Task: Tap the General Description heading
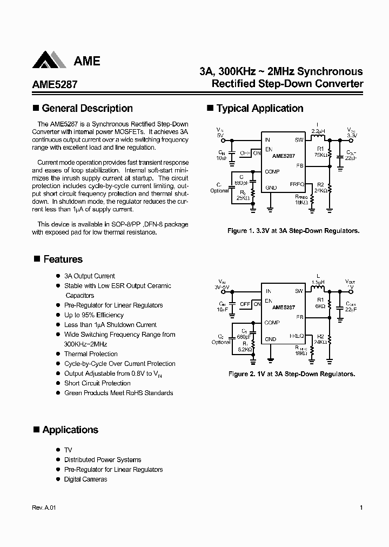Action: pos(87,108)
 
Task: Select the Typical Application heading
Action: pos(260,108)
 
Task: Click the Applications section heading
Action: pos(70,430)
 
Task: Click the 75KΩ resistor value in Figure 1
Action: pos(320,155)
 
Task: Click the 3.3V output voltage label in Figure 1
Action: pos(351,136)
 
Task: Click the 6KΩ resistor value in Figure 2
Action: pos(321,306)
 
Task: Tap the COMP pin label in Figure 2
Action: pos(272,323)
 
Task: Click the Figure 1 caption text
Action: pos(293,231)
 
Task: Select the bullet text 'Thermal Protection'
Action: pos(91,354)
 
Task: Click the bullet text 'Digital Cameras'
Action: pos(85,479)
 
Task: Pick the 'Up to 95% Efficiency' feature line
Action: pos(94,315)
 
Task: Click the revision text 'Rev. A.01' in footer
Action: pos(44,508)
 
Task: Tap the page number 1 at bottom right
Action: pos(361,508)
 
